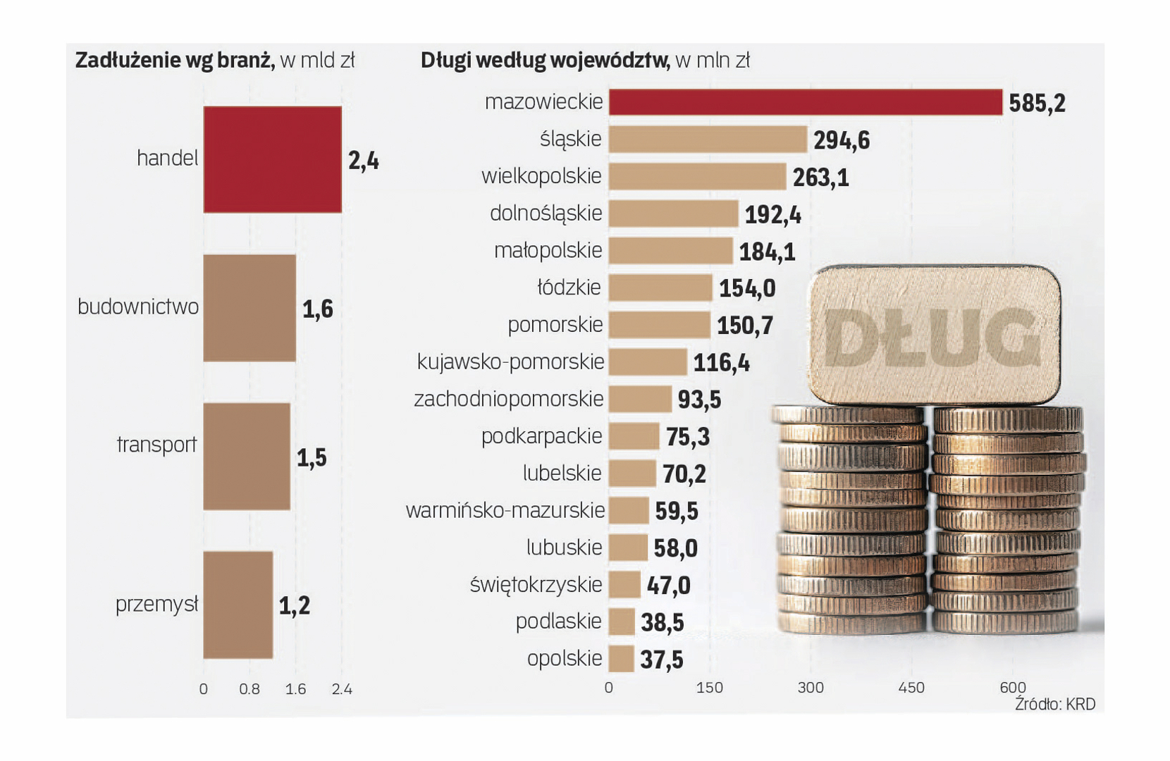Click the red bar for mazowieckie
pyautogui.click(x=805, y=102)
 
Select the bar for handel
pyautogui.click(x=272, y=159)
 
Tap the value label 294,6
pyautogui.click(x=842, y=140)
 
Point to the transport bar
pyautogui.click(x=247, y=456)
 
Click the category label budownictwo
pyautogui.click(x=138, y=307)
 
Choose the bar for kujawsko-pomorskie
pyautogui.click(x=648, y=361)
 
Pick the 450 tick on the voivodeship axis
pyautogui.click(x=911, y=688)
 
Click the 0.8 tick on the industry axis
pyautogui.click(x=250, y=689)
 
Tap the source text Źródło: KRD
pyautogui.click(x=1054, y=704)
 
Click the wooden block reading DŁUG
pyautogui.click(x=934, y=335)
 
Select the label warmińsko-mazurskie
pyautogui.click(x=505, y=510)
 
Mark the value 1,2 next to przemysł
pyautogui.click(x=294, y=605)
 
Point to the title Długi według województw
pyautogui.click(x=545, y=61)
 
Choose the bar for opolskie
pyautogui.click(x=621, y=659)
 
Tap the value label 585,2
pyautogui.click(x=1037, y=104)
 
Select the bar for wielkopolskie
pyautogui.click(x=697, y=176)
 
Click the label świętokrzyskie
pyautogui.click(x=536, y=585)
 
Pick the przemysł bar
pyautogui.click(x=238, y=605)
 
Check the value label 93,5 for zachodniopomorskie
pyautogui.click(x=699, y=400)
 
